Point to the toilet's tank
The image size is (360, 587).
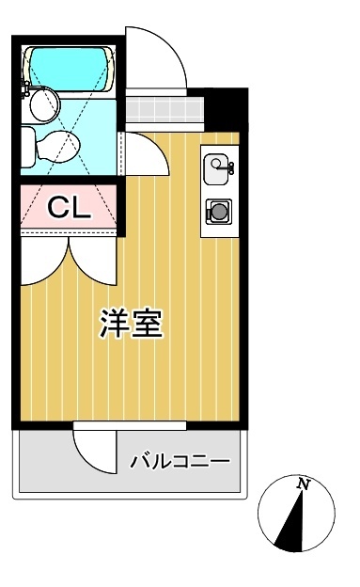28,146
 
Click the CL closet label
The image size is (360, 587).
69,208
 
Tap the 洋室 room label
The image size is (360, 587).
132,323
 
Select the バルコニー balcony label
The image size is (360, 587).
180,462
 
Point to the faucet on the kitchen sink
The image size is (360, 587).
228,167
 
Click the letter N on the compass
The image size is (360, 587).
303,484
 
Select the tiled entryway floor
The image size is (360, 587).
161,109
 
